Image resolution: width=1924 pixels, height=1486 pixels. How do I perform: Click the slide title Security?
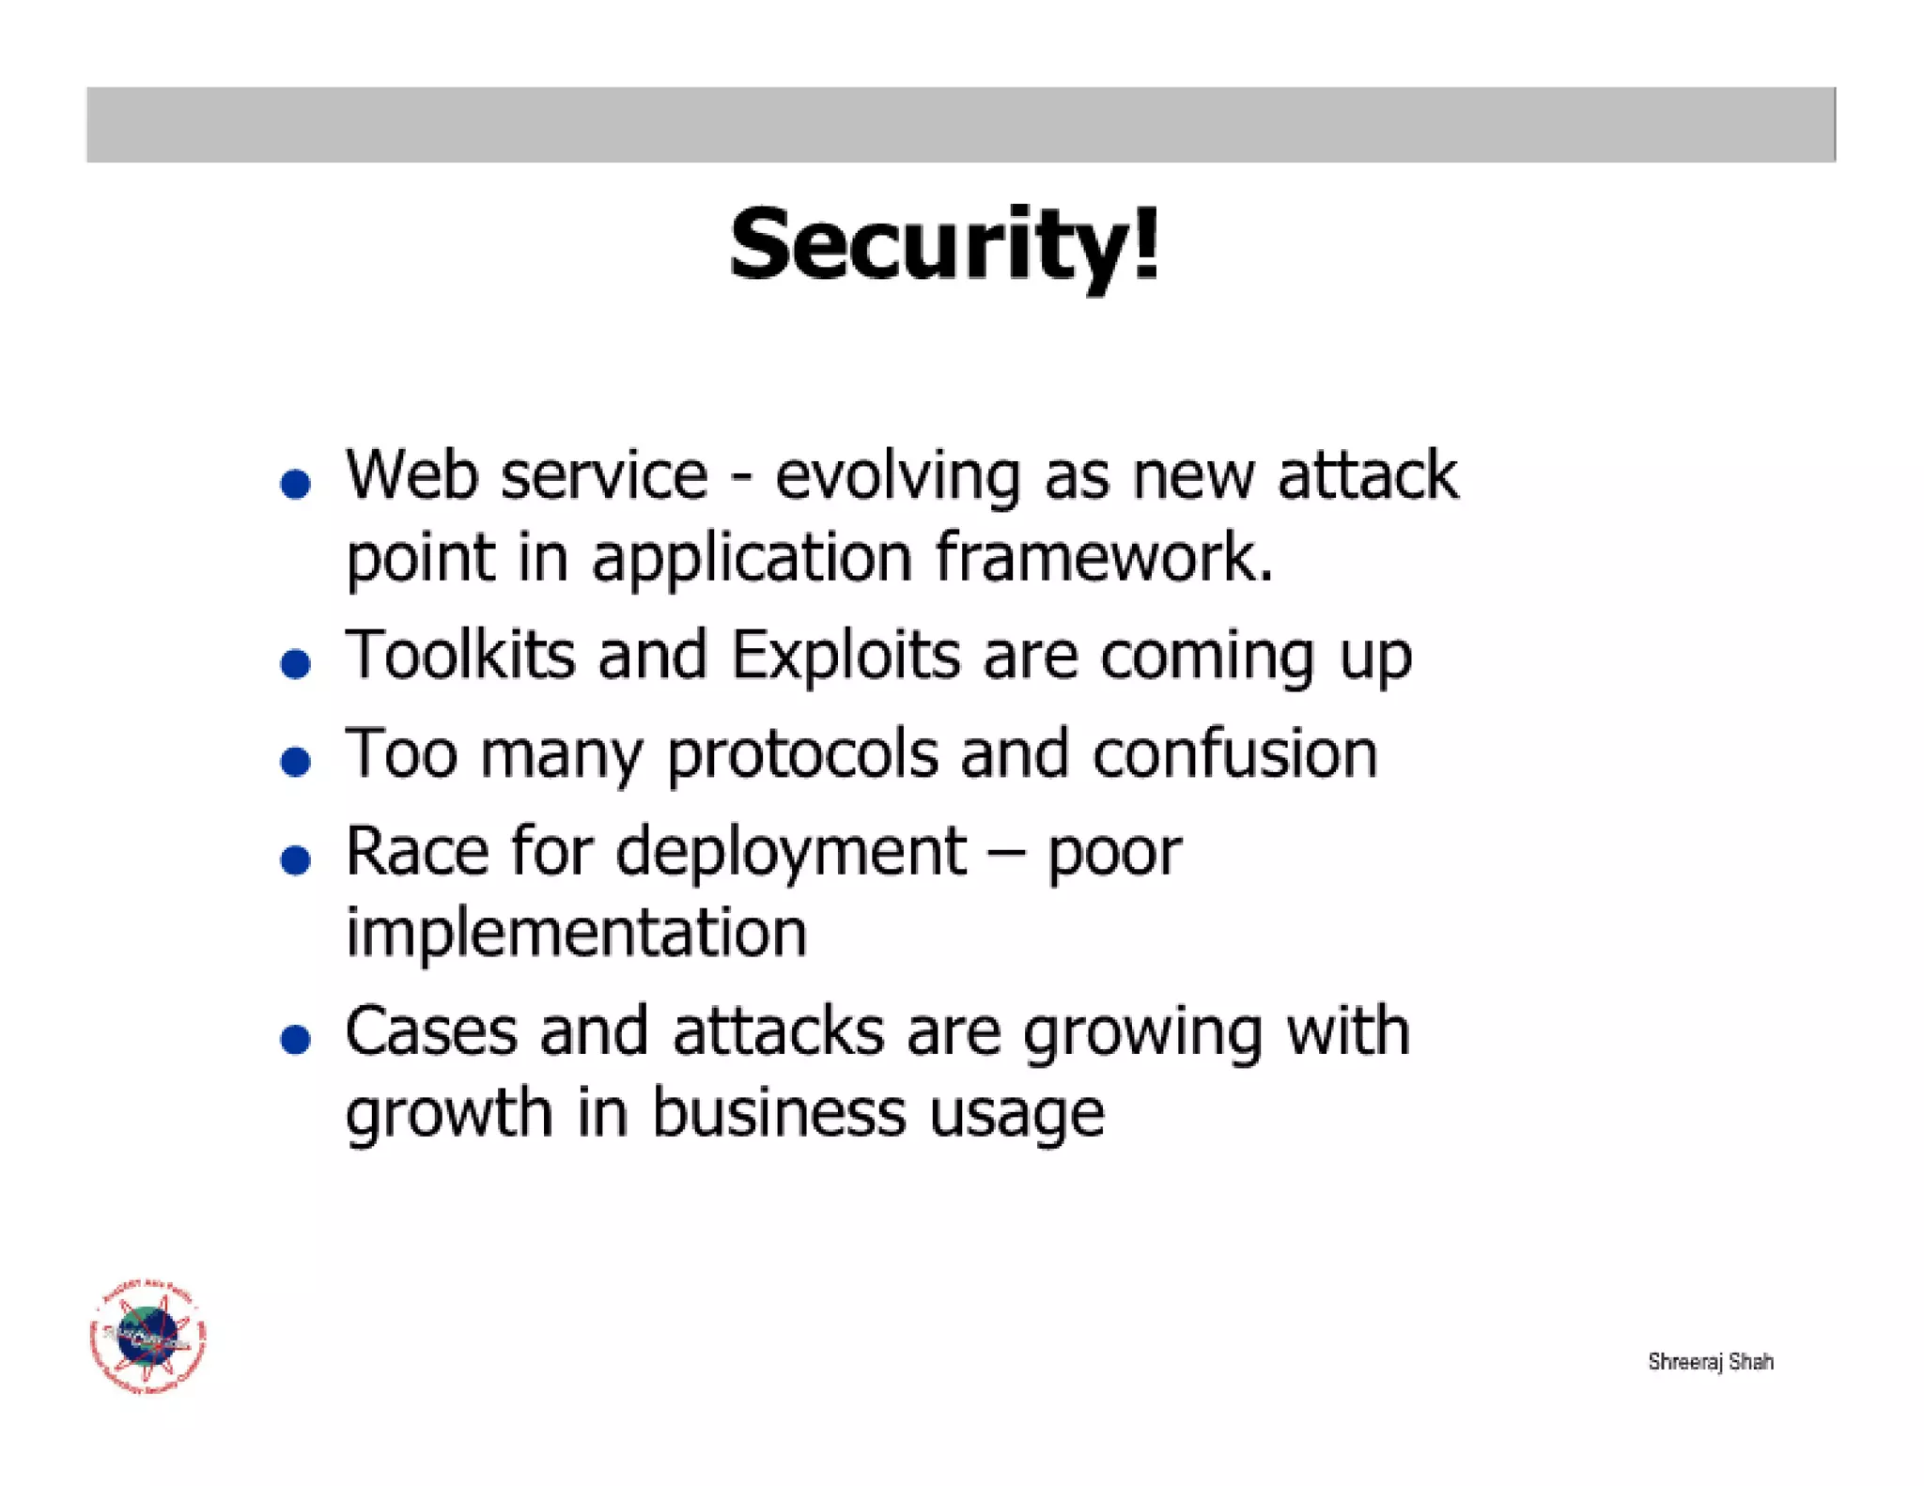pyautogui.click(x=944, y=244)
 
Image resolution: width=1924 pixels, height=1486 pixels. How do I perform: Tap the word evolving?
pyautogui.click(x=897, y=476)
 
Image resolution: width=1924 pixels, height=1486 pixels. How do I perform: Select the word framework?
pyautogui.click(x=1104, y=556)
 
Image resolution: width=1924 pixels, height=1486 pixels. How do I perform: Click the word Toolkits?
pyautogui.click(x=460, y=655)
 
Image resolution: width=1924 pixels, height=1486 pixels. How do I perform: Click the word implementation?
pyautogui.click(x=576, y=932)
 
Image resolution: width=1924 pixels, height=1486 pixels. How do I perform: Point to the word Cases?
pyautogui.click(x=430, y=1031)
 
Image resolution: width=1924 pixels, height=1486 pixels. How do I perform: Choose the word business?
pyautogui.click(x=779, y=1112)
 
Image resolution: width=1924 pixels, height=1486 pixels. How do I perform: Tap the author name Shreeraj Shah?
pyautogui.click(x=1710, y=1361)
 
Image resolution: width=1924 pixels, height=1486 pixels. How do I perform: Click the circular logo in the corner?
pyautogui.click(x=148, y=1336)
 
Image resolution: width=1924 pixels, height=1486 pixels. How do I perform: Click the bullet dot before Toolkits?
pyautogui.click(x=296, y=664)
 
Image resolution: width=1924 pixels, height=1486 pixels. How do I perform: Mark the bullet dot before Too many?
pyautogui.click(x=296, y=761)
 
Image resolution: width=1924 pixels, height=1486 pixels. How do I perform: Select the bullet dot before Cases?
pyautogui.click(x=296, y=1039)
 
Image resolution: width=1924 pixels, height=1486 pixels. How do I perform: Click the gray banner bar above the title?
pyautogui.click(x=960, y=125)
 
